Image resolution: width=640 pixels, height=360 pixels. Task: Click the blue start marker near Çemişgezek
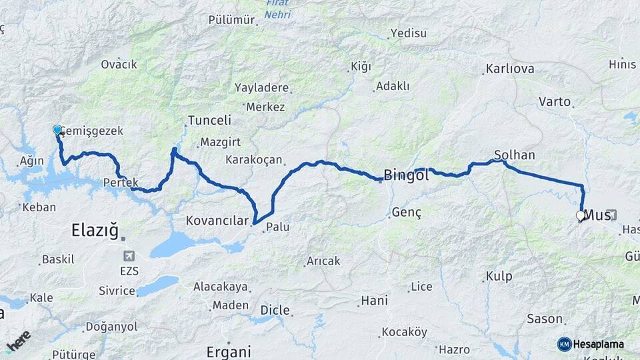(57, 130)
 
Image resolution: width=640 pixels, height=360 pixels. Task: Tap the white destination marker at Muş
(581, 215)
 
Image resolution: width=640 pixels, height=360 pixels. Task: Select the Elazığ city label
(95, 231)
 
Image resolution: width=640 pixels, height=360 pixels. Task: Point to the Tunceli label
(209, 121)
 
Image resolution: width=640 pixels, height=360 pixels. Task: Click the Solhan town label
(515, 155)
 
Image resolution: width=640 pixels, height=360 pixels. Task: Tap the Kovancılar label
(217, 220)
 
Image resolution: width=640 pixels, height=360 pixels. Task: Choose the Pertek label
(121, 182)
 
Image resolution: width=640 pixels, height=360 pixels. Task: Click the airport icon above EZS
(129, 256)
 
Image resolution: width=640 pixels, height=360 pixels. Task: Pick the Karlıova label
(510, 69)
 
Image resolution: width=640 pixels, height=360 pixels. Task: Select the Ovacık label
(119, 64)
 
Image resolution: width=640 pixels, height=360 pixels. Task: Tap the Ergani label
(229, 351)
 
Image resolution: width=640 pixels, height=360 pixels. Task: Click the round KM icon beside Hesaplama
(565, 344)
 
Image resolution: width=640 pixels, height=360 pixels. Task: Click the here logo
(18, 341)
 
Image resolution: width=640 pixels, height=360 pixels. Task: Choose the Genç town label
(407, 212)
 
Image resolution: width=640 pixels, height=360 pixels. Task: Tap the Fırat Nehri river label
(277, 8)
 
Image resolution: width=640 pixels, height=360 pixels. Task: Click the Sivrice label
(117, 291)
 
